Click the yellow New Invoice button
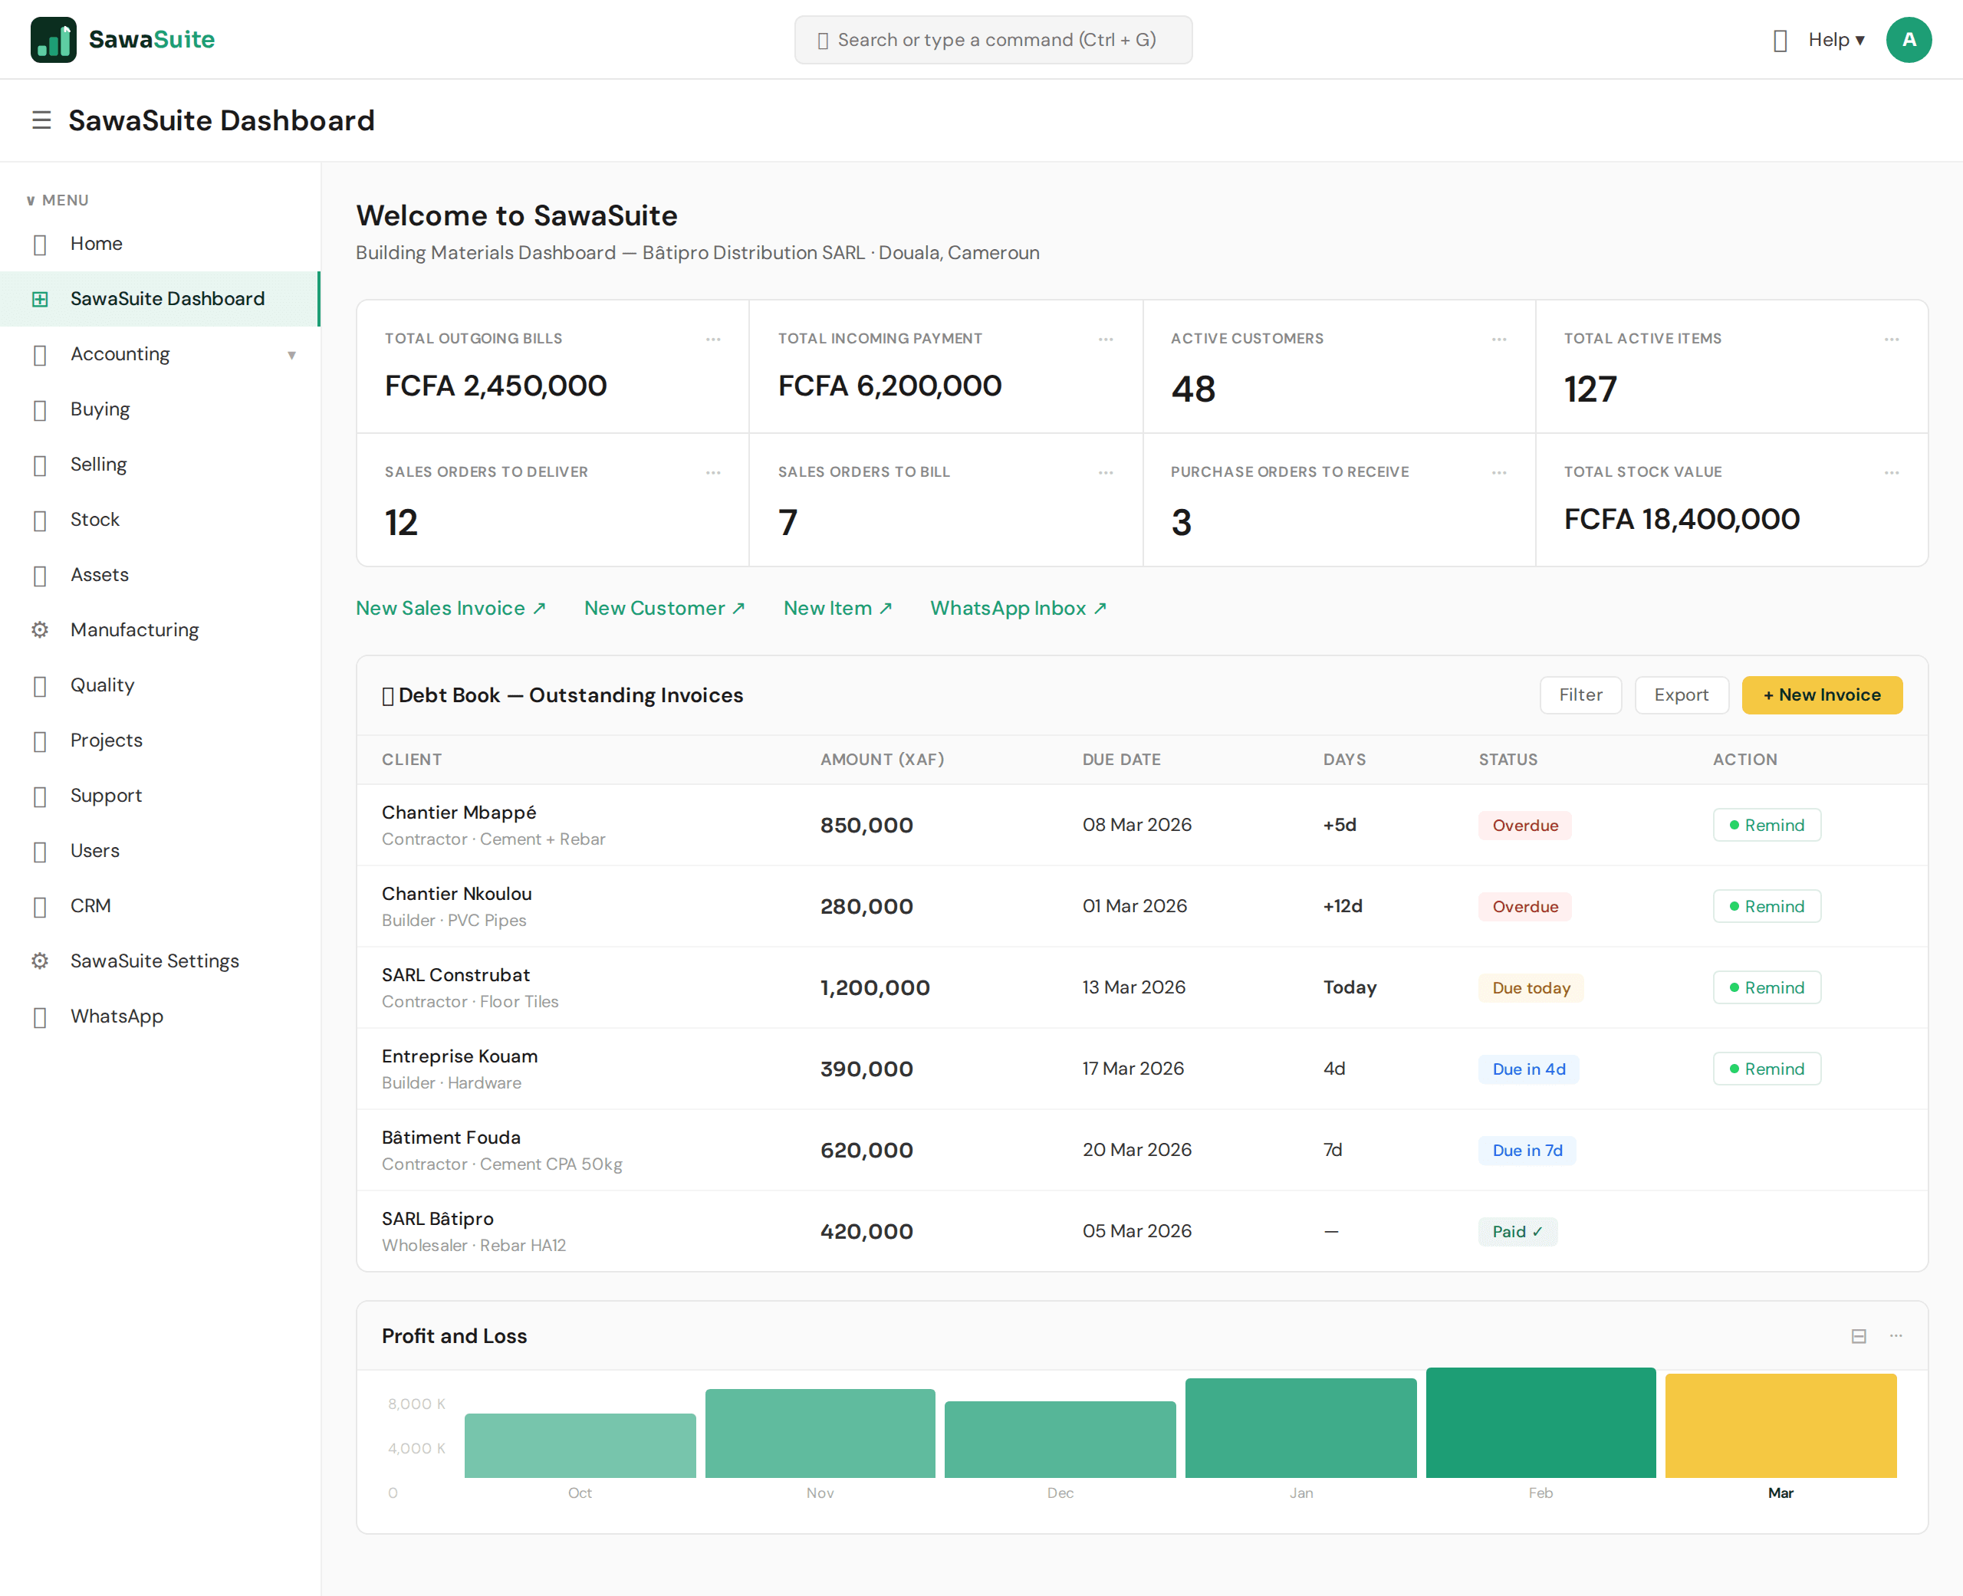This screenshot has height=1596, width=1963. [1821, 695]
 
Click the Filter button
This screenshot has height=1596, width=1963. [1580, 695]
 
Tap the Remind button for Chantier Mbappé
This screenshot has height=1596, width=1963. [1766, 825]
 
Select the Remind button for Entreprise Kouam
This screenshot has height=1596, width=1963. [1766, 1069]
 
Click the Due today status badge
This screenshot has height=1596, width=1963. [1530, 987]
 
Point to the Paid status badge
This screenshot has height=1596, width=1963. [1516, 1231]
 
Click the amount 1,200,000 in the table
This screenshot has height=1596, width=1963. [874, 987]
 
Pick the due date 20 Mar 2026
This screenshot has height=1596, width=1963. [1136, 1149]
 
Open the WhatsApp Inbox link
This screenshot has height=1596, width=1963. [1018, 608]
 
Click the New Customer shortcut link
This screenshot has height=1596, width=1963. [664, 608]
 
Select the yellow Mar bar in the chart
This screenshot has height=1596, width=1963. [1780, 1425]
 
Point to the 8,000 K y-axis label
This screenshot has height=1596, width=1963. [416, 1404]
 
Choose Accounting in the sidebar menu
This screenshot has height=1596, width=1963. [120, 354]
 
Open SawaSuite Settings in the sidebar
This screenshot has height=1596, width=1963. [154, 961]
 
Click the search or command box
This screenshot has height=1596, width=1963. [993, 40]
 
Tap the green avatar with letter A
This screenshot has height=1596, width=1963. [1908, 40]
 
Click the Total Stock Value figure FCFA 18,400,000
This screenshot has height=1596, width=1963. [1681, 520]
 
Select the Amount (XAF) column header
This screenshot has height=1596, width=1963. [882, 760]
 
